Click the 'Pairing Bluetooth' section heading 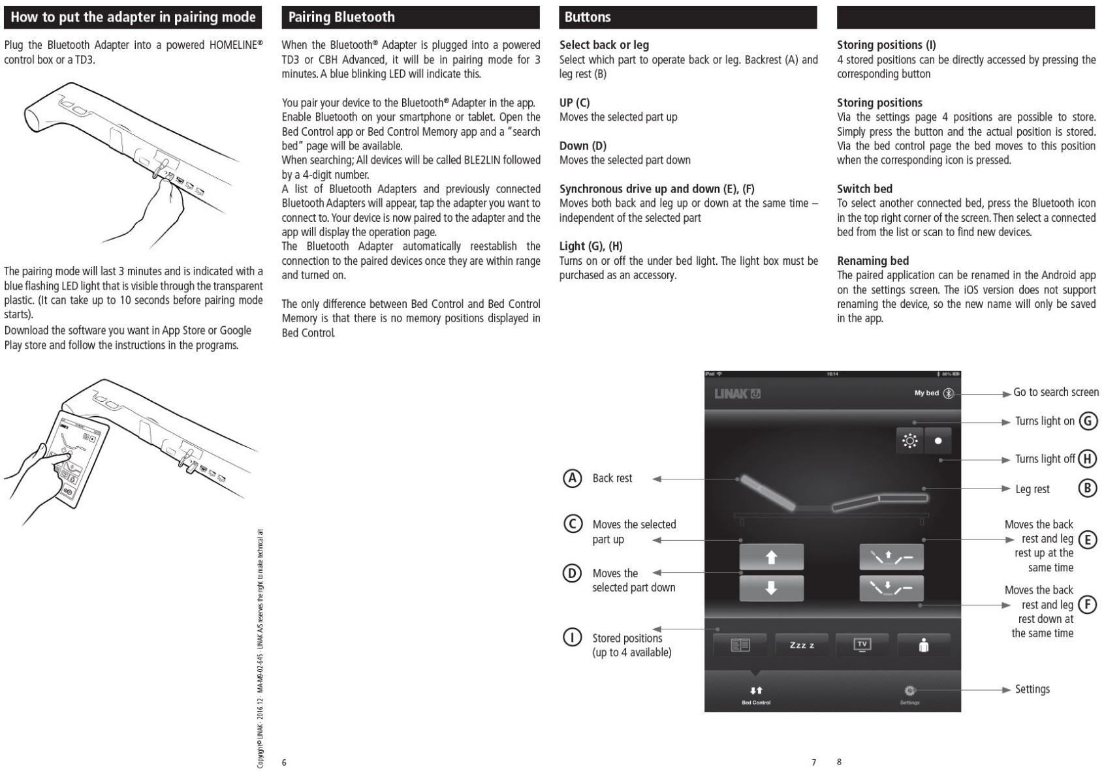(x=341, y=17)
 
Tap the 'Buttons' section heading (x=588, y=17)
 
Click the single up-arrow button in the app (x=771, y=557)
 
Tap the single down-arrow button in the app (x=771, y=588)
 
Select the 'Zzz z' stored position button (x=802, y=645)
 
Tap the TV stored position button (x=862, y=645)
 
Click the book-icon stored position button (x=740, y=645)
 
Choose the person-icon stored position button (x=924, y=645)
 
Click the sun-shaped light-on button (x=910, y=441)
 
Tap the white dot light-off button (x=938, y=441)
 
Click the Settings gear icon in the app (x=910, y=690)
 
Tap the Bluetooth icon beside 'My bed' (x=949, y=393)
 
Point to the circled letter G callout (x=1088, y=421)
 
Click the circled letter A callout (x=572, y=478)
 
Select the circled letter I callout (x=572, y=637)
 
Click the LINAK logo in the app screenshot (x=737, y=393)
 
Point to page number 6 (x=284, y=762)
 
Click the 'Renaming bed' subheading (x=873, y=261)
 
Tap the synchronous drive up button (x=892, y=557)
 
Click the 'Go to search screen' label (x=1056, y=392)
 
